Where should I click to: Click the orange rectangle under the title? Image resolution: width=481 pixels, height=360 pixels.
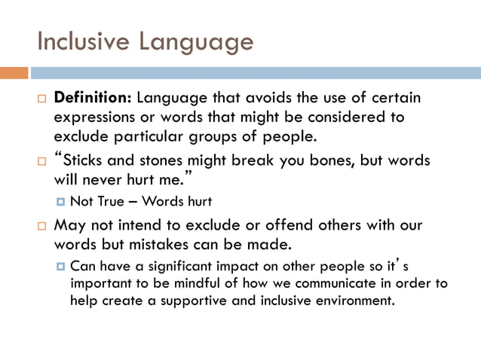click(x=14, y=73)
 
